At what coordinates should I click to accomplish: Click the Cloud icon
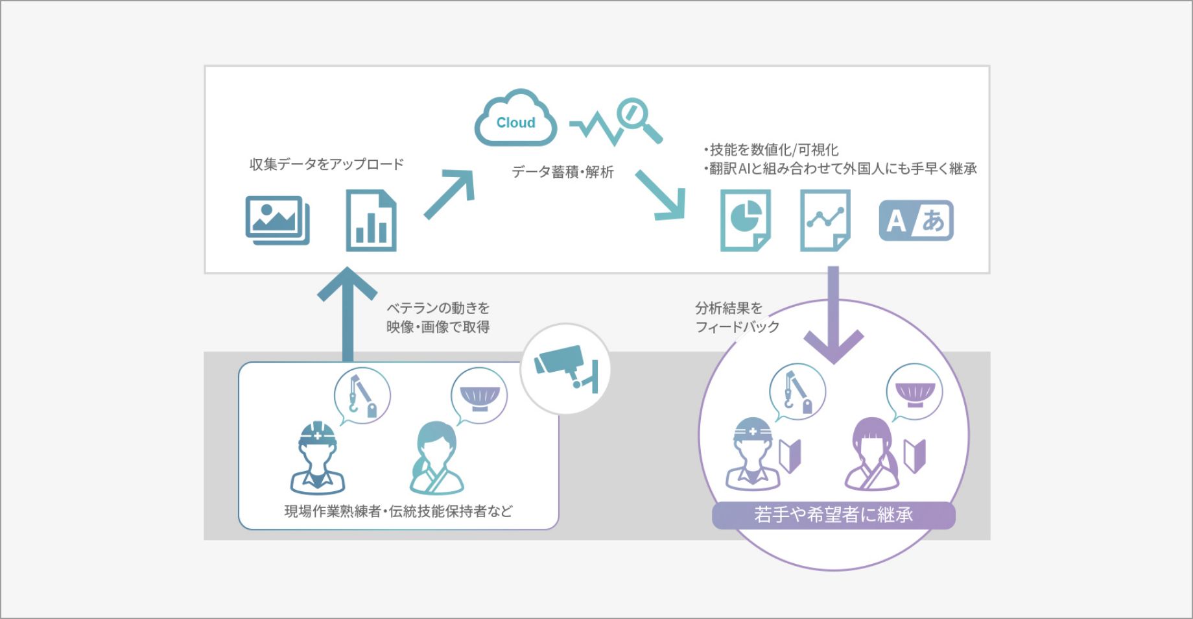[515, 119]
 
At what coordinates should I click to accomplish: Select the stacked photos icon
[278, 220]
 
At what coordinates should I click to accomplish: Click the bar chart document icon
[370, 221]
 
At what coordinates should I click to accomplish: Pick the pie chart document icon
[746, 220]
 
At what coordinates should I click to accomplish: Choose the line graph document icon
[825, 220]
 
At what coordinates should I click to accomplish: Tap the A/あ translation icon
[915, 221]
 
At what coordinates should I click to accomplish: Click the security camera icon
[566, 369]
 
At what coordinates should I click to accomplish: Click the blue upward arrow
[348, 311]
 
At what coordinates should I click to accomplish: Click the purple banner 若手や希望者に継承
[833, 515]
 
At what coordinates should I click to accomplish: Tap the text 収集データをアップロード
[326, 164]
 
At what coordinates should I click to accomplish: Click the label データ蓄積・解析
[562, 172]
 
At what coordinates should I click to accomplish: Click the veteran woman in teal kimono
[436, 459]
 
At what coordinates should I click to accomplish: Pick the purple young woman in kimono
[873, 455]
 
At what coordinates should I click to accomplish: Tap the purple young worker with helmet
[753, 454]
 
